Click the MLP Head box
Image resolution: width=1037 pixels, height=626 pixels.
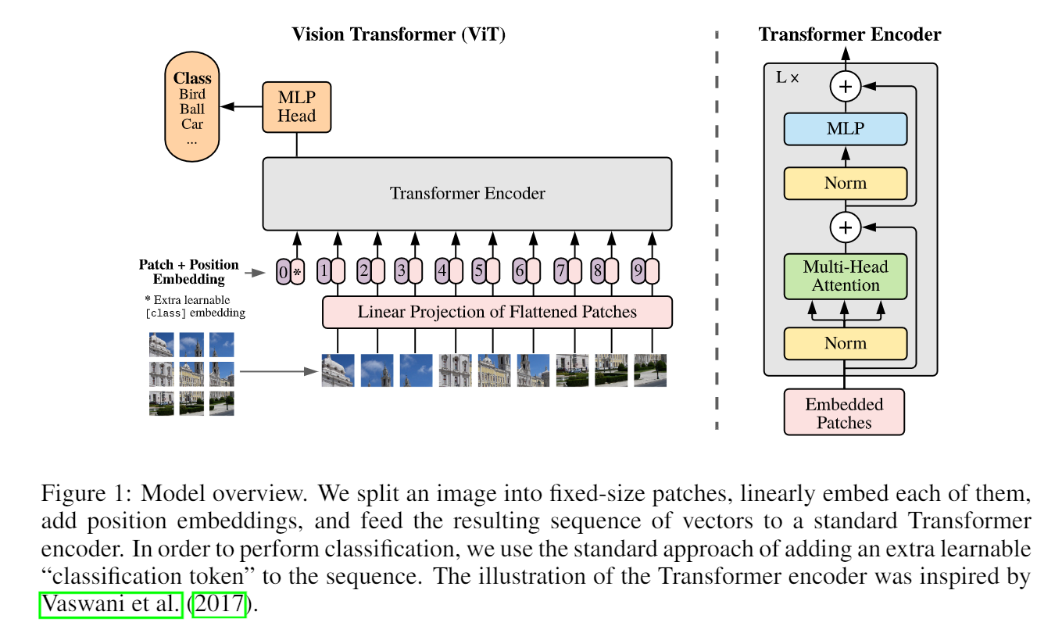click(297, 107)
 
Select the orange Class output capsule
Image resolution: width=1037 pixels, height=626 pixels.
click(192, 106)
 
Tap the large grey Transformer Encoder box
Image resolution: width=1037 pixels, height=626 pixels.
click(467, 194)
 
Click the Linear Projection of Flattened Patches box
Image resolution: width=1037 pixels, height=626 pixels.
click(497, 312)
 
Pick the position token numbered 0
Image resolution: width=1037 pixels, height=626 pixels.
click(284, 272)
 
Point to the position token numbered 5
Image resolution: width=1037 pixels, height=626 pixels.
click(479, 271)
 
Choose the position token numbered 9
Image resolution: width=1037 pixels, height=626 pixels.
click(638, 271)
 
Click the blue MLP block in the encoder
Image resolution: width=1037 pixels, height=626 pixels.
click(846, 129)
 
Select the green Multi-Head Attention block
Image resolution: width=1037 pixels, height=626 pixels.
click(846, 277)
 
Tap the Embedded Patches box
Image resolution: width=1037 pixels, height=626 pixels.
click(844, 412)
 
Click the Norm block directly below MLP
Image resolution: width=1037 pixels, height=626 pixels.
click(846, 184)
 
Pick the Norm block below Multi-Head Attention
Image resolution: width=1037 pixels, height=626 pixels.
click(846, 344)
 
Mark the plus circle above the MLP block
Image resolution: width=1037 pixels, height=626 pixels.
click(846, 87)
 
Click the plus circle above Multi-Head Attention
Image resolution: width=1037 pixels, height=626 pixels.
click(846, 227)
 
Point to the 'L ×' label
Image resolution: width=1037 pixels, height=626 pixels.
click(787, 77)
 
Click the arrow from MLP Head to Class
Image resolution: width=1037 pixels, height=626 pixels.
click(241, 107)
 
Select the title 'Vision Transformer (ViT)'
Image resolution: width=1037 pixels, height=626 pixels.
click(399, 34)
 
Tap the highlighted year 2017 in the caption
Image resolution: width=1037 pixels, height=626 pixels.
click(219, 604)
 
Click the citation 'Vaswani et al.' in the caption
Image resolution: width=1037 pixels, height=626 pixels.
click(111, 604)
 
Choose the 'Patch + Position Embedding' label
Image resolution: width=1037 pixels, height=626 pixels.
click(189, 272)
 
